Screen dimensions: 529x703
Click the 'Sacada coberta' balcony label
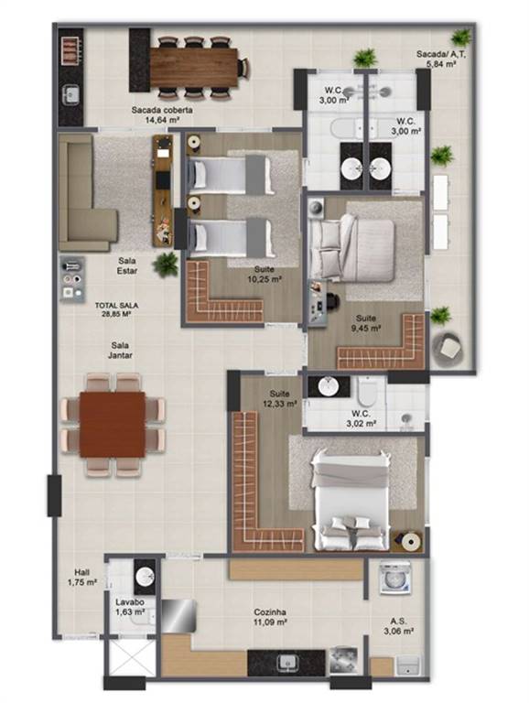pos(162,110)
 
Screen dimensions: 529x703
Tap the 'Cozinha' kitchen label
pos(270,612)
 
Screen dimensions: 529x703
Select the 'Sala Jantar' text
pos(120,351)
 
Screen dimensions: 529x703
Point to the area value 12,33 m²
pos(280,404)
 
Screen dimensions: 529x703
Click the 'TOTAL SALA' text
pos(116,306)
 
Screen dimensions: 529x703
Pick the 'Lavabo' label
pos(130,602)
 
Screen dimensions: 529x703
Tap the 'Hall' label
pos(82,572)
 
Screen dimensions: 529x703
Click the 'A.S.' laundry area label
pos(398,622)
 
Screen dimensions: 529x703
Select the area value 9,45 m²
pos(366,329)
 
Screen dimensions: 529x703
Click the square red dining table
pos(113,425)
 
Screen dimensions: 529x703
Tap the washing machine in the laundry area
pos(395,579)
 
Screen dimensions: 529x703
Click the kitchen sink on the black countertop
pos(286,662)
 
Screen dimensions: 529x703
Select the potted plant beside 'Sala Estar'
pos(166,264)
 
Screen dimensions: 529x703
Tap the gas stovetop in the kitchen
pos(343,660)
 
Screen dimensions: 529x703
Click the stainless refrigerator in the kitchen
pos(178,615)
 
